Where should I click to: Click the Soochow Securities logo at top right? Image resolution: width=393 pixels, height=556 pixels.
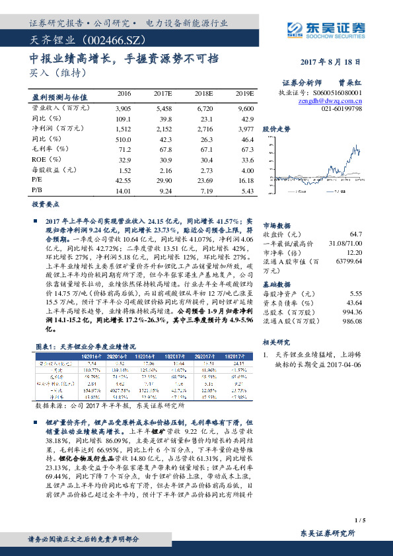[x=326, y=28]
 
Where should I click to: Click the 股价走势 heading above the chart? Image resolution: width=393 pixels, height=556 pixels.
[x=277, y=129]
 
